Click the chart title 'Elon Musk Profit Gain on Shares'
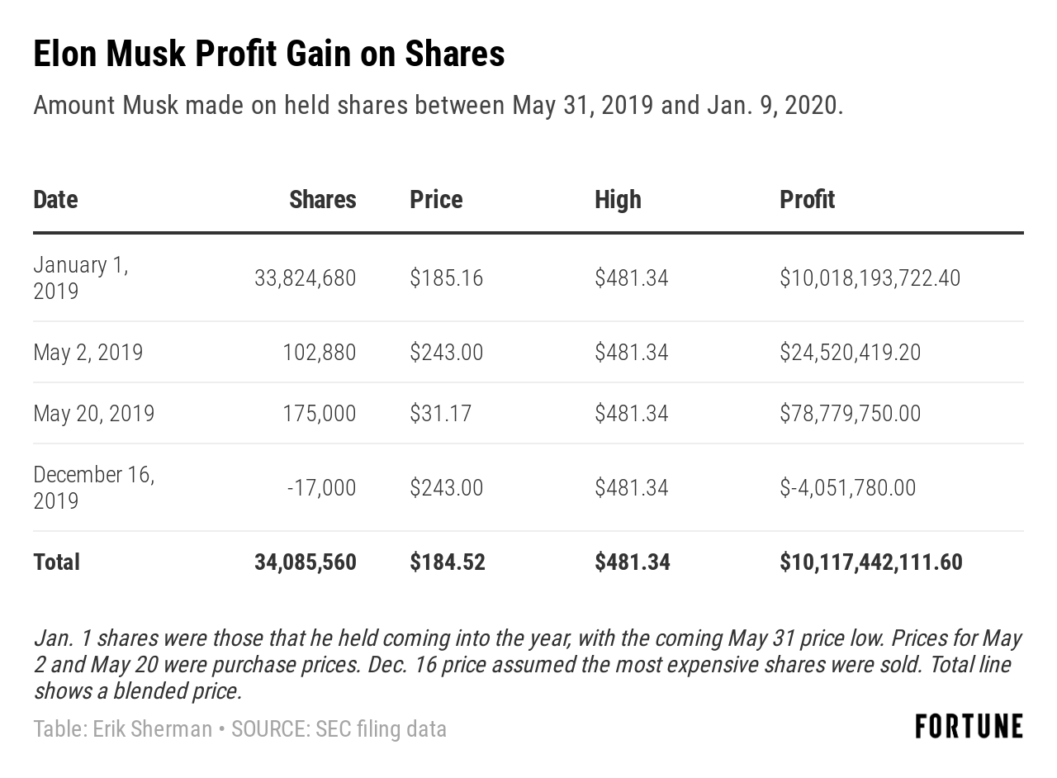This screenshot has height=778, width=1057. tap(269, 55)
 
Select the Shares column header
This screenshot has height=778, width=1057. tap(322, 200)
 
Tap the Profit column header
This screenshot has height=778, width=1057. tap(807, 200)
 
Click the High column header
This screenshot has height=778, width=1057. tap(618, 200)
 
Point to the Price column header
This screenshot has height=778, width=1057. tap(436, 200)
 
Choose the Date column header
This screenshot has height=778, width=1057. tap(55, 200)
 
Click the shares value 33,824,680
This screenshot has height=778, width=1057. tap(306, 278)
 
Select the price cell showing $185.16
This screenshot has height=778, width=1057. tap(446, 278)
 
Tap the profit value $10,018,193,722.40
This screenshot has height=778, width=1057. tap(870, 278)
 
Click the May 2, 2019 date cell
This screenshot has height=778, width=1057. tap(88, 353)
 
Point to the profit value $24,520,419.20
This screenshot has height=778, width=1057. tap(850, 353)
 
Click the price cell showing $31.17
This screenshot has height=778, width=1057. tap(440, 413)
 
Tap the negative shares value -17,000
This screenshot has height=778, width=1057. tap(321, 488)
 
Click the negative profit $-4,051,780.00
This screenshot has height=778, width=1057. tap(847, 488)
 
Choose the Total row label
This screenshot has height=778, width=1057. tap(56, 562)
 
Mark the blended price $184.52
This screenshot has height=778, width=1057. tap(447, 562)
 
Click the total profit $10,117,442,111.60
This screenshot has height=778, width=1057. tap(870, 562)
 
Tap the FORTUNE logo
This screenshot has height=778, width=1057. tap(969, 727)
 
